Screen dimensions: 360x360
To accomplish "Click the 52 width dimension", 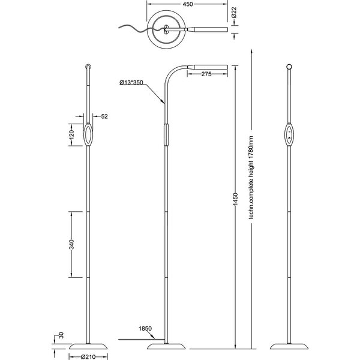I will [105, 117].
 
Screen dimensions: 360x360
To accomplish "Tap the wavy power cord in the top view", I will [130, 28].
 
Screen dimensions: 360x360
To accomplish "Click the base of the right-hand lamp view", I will [290, 347].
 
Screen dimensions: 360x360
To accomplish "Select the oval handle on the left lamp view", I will [88, 135].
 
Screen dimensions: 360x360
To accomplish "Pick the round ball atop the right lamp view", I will [290, 66].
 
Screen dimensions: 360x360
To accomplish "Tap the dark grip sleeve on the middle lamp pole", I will [166, 134].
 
